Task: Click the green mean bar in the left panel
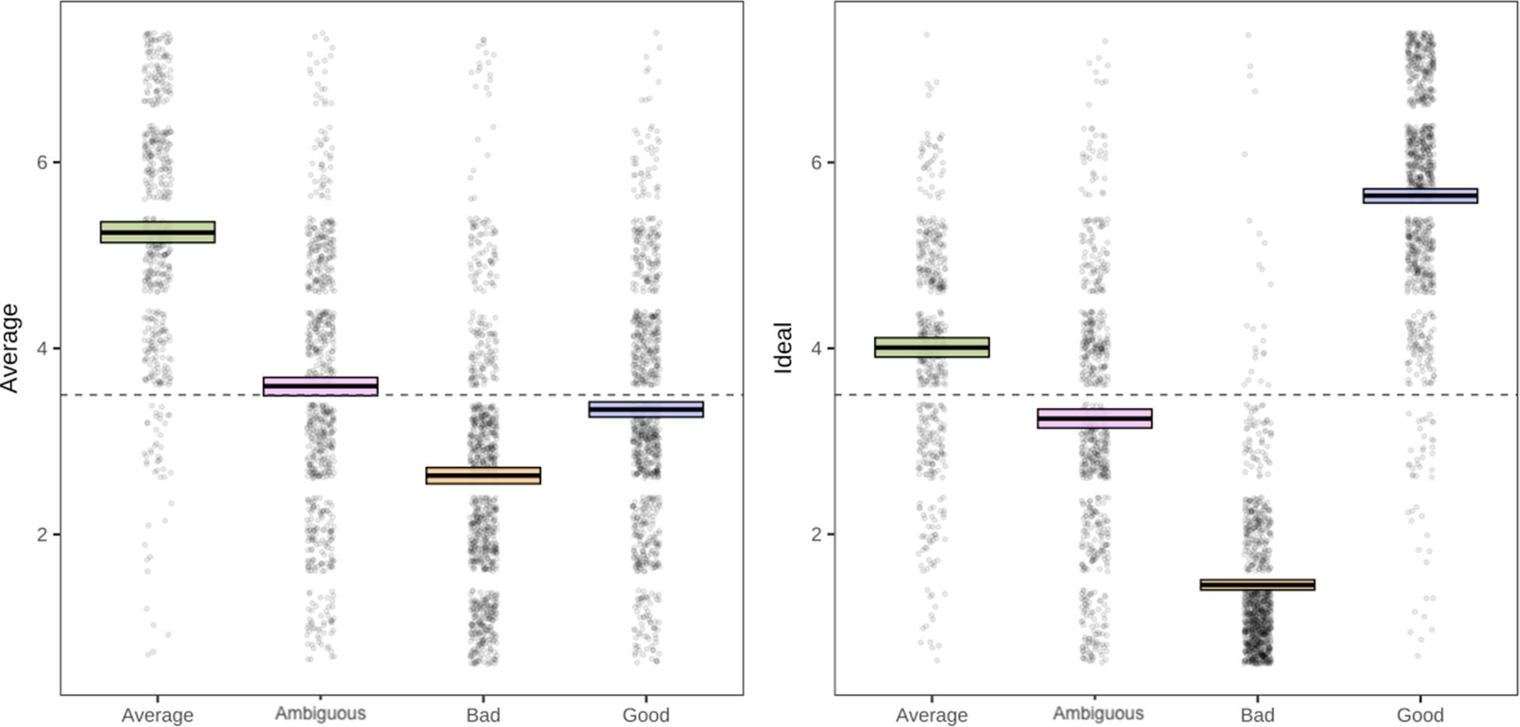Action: pos(158,232)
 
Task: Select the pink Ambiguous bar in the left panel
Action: pos(321,386)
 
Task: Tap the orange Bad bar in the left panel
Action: pos(483,475)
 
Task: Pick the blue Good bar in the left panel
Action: pos(646,409)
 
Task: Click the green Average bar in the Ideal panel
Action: pos(932,347)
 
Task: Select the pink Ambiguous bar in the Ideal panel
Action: pos(1095,419)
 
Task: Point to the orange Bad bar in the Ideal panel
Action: pos(1257,584)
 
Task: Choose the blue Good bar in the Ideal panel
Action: pos(1420,196)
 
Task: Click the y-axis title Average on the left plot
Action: pos(10,348)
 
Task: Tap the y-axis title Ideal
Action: pos(783,348)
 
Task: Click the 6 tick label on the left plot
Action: pos(43,162)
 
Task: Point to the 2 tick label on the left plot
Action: pos(43,534)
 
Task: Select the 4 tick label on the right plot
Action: pos(817,348)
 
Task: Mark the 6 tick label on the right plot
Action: pos(817,162)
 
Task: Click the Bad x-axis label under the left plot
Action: pos(483,715)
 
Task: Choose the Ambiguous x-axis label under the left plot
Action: pos(321,714)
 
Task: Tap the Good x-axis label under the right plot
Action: pos(1420,715)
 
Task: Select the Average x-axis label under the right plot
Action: pos(932,715)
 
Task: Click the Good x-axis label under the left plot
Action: pos(646,715)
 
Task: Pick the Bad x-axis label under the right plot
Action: pos(1257,715)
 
